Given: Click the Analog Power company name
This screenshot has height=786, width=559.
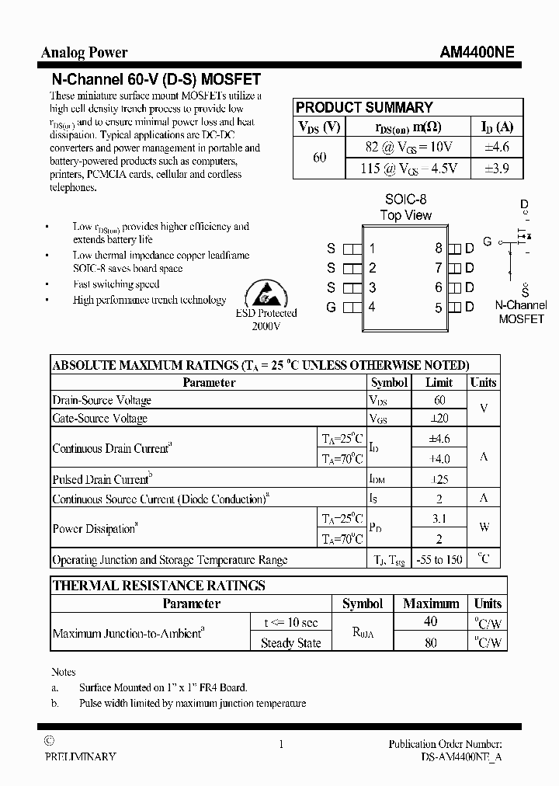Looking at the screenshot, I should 84,53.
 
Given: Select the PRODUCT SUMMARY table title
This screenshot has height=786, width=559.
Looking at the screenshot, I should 364,108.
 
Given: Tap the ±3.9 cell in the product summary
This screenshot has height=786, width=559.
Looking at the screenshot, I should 495,168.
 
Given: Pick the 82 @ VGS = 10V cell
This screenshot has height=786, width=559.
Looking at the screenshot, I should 408,147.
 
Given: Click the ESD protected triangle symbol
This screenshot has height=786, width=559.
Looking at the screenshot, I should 266,293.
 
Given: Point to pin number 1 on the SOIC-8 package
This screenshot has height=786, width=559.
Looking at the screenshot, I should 373,249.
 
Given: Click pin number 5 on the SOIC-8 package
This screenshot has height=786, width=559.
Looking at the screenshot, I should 439,308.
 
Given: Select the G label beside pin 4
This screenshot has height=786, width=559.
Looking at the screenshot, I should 331,308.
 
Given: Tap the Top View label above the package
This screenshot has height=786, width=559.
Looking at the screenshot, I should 405,215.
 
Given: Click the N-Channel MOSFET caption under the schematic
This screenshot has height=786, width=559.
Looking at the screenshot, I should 521,312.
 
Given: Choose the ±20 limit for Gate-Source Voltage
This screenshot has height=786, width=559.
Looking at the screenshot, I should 439,419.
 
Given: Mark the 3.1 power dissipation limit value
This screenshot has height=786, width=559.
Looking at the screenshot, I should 439,518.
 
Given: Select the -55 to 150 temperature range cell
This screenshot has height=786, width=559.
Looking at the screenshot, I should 439,559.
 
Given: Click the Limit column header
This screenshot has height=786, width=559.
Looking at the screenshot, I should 439,382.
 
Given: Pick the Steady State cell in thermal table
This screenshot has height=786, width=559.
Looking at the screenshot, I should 290,642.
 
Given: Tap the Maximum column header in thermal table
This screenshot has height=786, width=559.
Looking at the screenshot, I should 431,603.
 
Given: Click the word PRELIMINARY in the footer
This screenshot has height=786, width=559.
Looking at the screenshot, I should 81,756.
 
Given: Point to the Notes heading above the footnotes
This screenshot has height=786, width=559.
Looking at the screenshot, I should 64,672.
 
